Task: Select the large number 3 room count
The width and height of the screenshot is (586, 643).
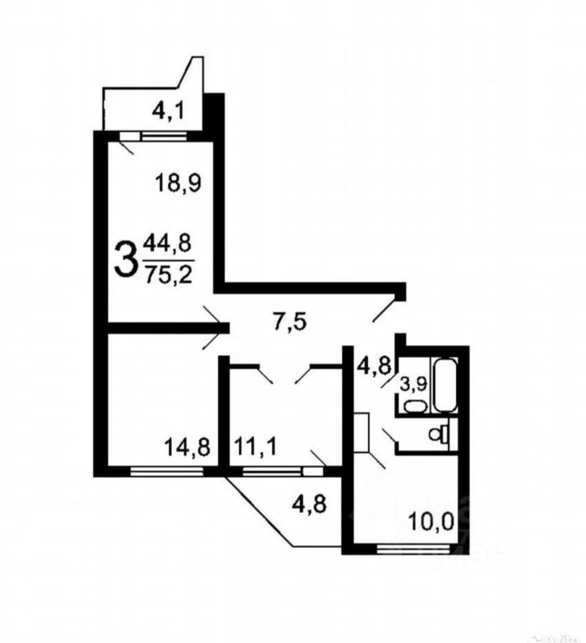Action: click(126, 259)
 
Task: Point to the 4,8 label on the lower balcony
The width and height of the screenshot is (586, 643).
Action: click(308, 502)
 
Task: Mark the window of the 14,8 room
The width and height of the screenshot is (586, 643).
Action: click(166, 472)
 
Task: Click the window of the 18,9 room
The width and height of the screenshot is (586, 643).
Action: click(163, 135)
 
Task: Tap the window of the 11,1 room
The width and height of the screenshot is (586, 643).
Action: click(272, 472)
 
